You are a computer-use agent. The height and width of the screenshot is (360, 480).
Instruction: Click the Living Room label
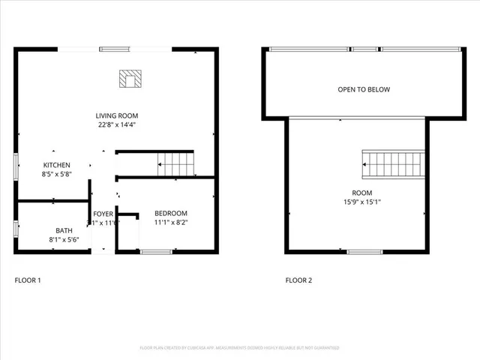(115, 115)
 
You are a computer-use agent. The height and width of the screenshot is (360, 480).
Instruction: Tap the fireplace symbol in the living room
(130, 79)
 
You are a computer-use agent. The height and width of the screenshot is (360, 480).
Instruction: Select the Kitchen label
(56, 165)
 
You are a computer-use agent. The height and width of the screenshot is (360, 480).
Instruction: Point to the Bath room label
(64, 230)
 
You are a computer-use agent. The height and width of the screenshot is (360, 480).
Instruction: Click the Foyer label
(103, 214)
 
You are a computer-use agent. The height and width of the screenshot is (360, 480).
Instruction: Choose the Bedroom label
(171, 213)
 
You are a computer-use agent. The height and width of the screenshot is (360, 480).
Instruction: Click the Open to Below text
(363, 90)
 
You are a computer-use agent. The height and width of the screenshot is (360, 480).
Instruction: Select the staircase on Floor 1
(175, 163)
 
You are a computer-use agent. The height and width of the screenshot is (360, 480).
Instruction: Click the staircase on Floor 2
(387, 161)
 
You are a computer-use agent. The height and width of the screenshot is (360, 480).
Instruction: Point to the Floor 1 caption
(28, 280)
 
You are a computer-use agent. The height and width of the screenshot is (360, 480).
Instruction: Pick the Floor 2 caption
(298, 280)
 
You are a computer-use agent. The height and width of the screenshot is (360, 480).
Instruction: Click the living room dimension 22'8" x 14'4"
(115, 125)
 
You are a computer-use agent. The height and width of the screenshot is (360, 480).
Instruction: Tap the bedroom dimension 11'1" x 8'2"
(171, 223)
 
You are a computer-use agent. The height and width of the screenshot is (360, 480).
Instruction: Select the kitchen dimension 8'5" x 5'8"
(56, 175)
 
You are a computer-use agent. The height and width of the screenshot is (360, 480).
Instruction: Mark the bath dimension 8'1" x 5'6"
(64, 240)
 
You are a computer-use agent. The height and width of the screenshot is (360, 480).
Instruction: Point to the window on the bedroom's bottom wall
(156, 251)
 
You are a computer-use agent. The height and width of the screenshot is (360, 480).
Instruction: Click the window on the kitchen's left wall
(16, 166)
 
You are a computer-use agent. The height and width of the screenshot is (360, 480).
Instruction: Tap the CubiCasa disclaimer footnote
(239, 348)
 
